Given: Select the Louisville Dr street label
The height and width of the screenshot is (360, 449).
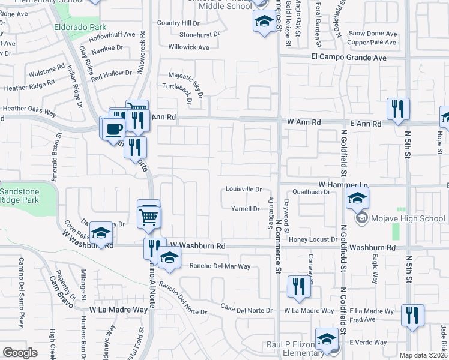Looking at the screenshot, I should pyautogui.click(x=244, y=188).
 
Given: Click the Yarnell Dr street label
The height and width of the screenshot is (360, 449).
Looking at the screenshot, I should pyautogui.click(x=245, y=209).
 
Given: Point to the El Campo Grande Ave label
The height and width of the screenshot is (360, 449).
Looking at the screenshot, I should pyautogui.click(x=349, y=58).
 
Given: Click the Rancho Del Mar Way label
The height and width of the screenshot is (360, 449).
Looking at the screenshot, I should pyautogui.click(x=220, y=266).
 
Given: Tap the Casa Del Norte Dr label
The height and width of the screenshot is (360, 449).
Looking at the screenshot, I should pyautogui.click(x=246, y=310).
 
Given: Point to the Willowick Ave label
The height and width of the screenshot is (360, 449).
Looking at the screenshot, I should pyautogui.click(x=188, y=47).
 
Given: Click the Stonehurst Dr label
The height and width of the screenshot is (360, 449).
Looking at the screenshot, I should pyautogui.click(x=200, y=35).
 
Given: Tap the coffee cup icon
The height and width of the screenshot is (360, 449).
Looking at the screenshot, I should pyautogui.click(x=113, y=128).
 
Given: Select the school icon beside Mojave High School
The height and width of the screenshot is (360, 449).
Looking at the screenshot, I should pyautogui.click(x=357, y=197).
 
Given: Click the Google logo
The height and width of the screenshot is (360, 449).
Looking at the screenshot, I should pyautogui.click(x=20, y=352).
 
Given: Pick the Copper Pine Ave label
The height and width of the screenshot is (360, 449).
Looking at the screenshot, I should pyautogui.click(x=372, y=42).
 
